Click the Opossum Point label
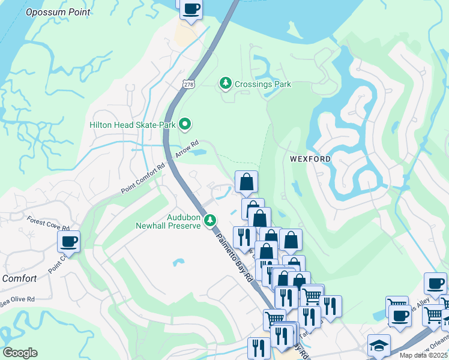pos(58,12)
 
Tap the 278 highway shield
pos(189,85)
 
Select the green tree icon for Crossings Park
pos(226,83)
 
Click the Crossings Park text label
pos(263,84)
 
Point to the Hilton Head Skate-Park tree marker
pos(185,124)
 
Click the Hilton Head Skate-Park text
pos(133,125)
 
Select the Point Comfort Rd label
pos(143,179)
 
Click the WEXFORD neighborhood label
pos(310,159)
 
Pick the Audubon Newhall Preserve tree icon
pos(209,220)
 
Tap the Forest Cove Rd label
pos(48,224)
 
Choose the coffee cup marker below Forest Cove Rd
pos(68,242)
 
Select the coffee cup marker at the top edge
pos(191,9)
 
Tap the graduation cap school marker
pos(379,345)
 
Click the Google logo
pos(20,353)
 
